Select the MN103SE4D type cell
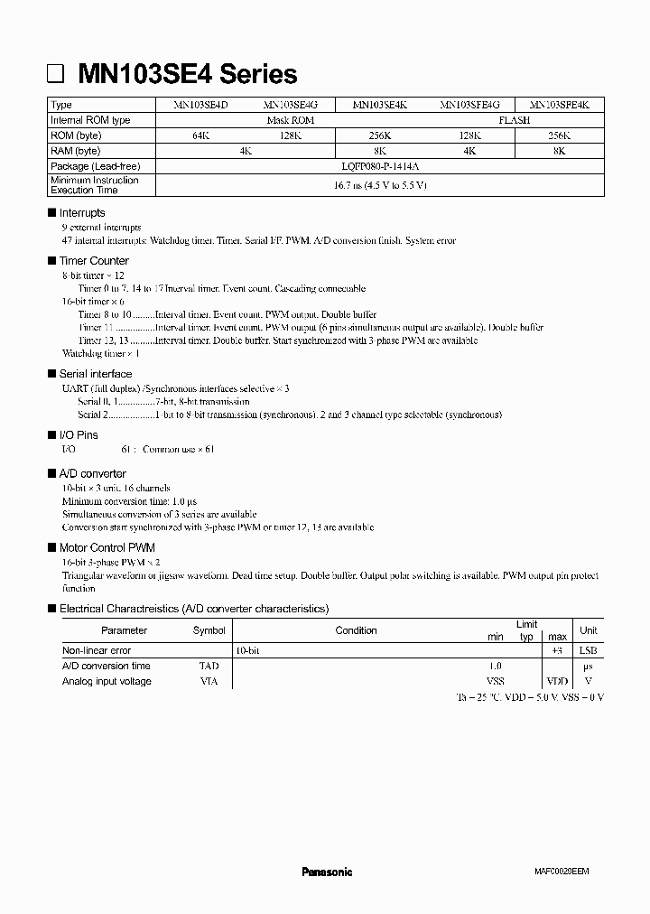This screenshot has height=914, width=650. [x=201, y=106]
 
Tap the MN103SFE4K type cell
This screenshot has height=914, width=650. [x=560, y=106]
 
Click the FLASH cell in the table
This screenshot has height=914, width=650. [x=515, y=120]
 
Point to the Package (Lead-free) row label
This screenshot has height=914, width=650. [x=95, y=166]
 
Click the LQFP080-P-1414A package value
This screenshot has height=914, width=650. [x=379, y=166]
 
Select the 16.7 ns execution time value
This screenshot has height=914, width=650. [x=379, y=185]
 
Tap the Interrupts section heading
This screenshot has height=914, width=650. [x=82, y=213]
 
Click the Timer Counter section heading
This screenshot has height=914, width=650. [x=94, y=261]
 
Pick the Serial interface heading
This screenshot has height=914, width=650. [x=95, y=374]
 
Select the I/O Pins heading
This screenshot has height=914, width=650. [x=79, y=435]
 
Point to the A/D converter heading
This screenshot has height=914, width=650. [x=92, y=473]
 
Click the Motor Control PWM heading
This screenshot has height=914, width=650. [x=107, y=548]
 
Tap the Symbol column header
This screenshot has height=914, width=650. [x=209, y=630]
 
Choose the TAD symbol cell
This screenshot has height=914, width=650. [x=209, y=666]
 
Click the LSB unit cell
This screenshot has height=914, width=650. [x=588, y=650]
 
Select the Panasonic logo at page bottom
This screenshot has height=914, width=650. [x=327, y=872]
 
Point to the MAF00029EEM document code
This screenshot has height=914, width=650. [x=555, y=872]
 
